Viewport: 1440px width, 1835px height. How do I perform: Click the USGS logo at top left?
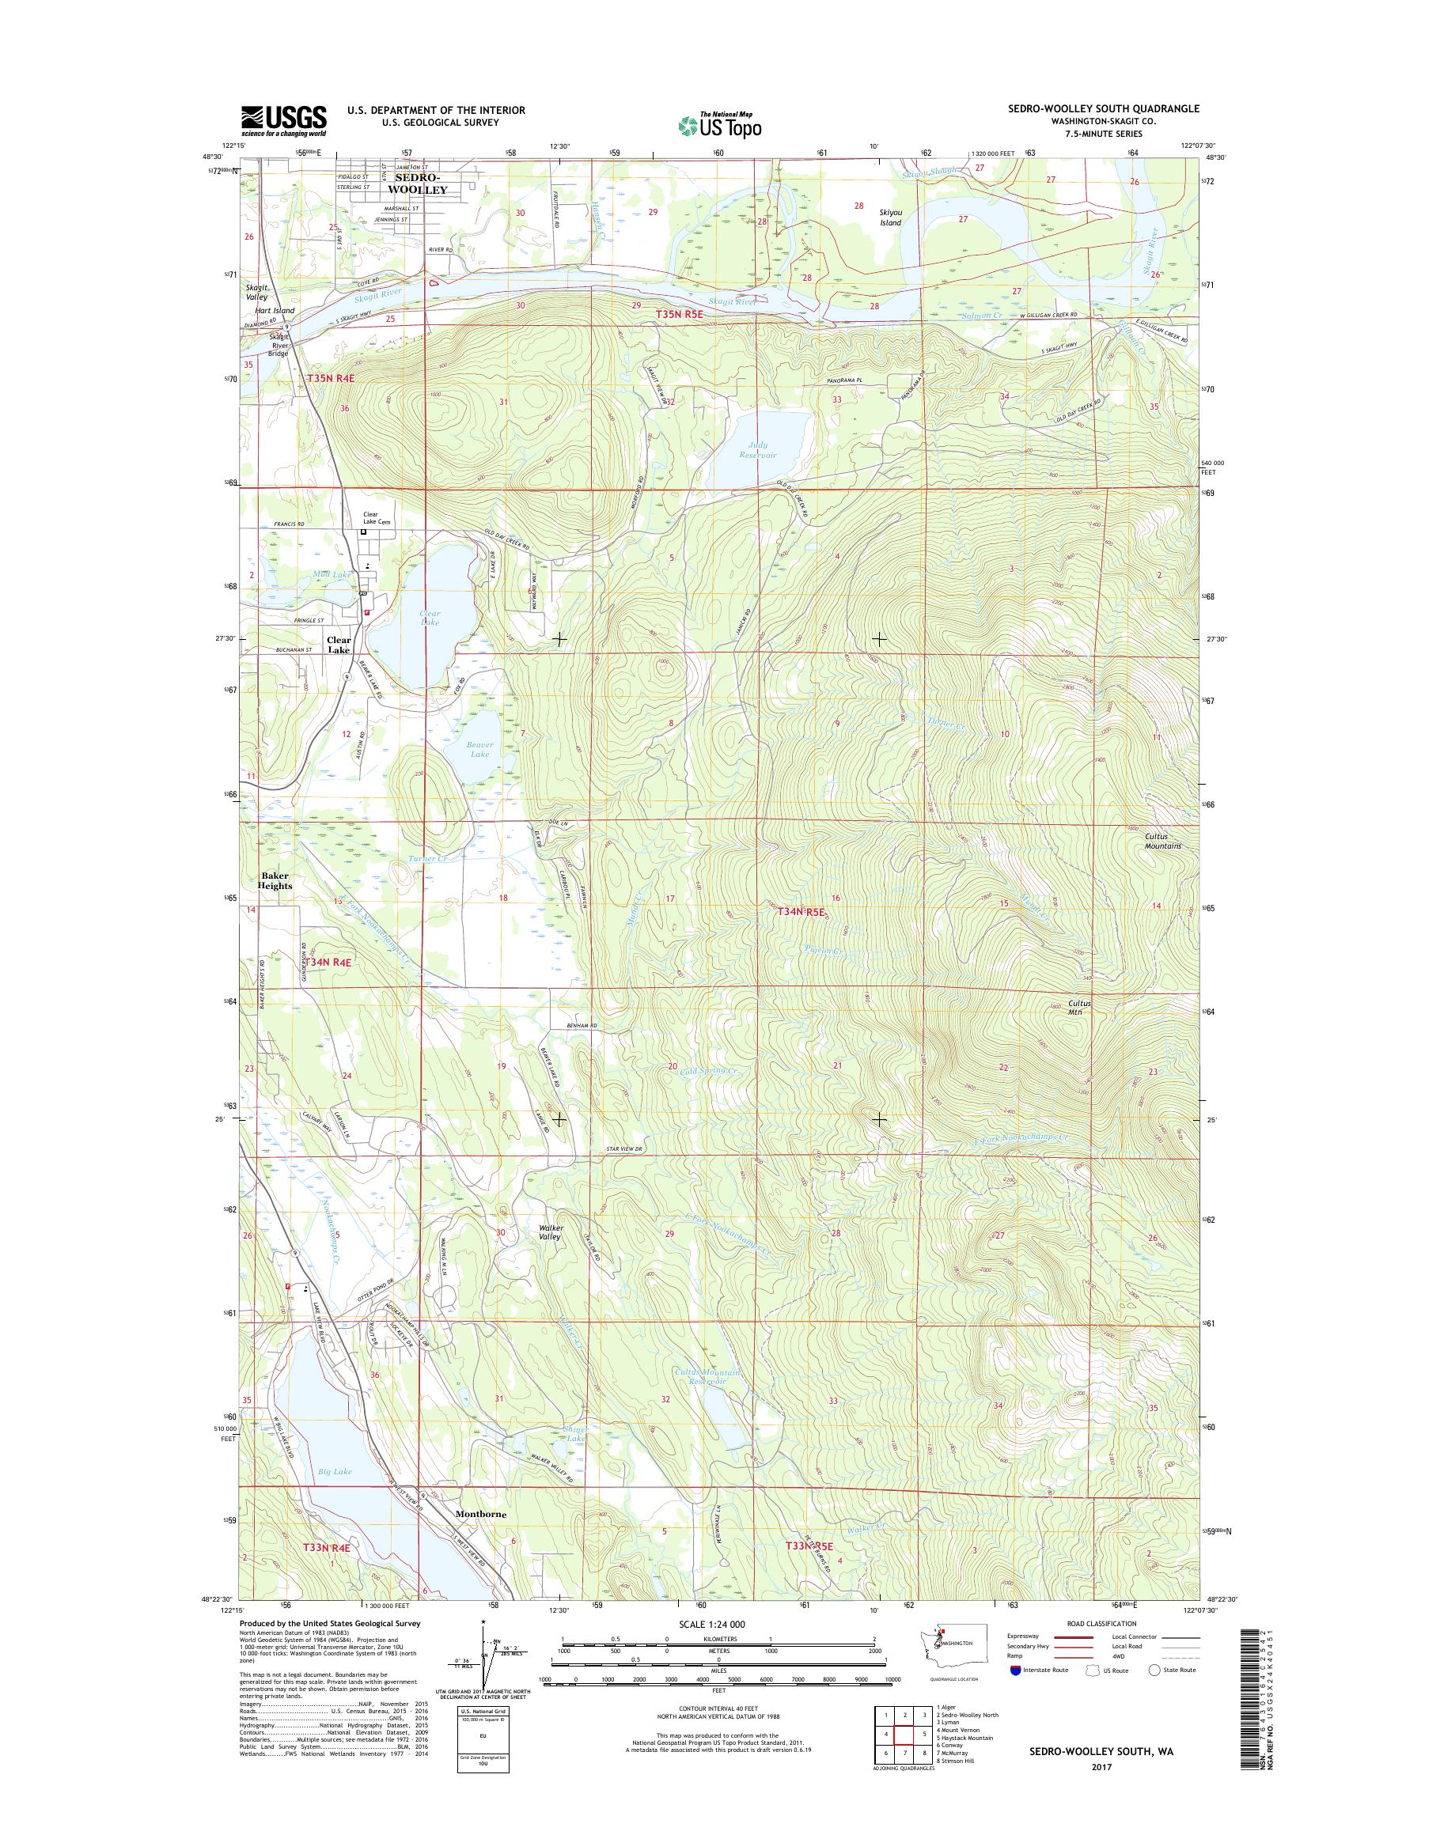[284, 119]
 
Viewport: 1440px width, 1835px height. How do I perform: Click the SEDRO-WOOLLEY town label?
[416, 184]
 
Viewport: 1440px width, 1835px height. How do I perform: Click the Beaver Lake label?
[479, 749]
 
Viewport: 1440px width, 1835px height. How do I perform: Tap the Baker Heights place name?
[275, 881]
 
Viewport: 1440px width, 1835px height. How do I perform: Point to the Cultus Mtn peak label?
[1079, 1008]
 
